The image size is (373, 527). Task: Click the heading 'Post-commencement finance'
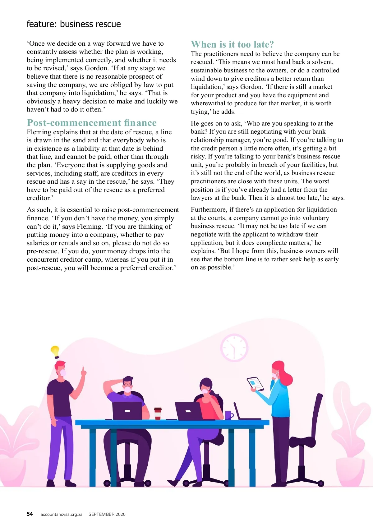[92, 123]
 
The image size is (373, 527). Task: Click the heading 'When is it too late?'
[232, 44]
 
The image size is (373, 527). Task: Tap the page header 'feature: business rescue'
[74, 24]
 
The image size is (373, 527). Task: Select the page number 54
[30, 514]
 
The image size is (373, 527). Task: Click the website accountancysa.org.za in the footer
[61, 514]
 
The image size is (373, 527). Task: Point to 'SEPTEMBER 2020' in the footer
[107, 514]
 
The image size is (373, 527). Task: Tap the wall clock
[234, 348]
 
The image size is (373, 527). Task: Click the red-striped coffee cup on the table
[158, 414]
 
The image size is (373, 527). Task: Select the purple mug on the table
[228, 415]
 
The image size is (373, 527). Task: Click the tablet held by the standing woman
[255, 384]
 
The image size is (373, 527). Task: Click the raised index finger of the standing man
[83, 370]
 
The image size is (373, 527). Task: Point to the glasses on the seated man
[127, 385]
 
